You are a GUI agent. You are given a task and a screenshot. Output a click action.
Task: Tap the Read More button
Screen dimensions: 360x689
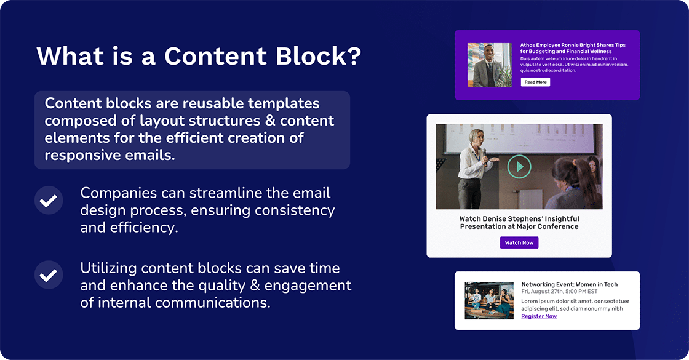point(535,82)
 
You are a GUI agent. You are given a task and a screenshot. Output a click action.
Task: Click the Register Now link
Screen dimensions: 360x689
point(539,316)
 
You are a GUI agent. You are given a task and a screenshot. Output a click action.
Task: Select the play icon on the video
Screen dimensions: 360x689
point(519,166)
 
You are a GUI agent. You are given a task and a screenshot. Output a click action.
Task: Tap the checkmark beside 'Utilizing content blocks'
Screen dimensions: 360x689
point(49,275)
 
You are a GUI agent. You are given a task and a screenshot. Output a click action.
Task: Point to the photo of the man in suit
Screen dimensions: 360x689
point(489,65)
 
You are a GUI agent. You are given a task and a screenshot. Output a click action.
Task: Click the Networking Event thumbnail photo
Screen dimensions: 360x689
point(489,300)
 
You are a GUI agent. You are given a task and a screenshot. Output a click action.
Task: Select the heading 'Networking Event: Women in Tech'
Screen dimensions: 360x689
point(569,284)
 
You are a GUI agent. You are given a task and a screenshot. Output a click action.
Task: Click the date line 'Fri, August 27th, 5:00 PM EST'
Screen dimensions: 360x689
point(559,292)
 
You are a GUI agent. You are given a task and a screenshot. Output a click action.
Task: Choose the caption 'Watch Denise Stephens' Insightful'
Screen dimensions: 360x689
point(519,218)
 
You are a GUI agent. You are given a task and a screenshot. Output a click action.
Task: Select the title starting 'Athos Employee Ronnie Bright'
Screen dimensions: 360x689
point(572,48)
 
